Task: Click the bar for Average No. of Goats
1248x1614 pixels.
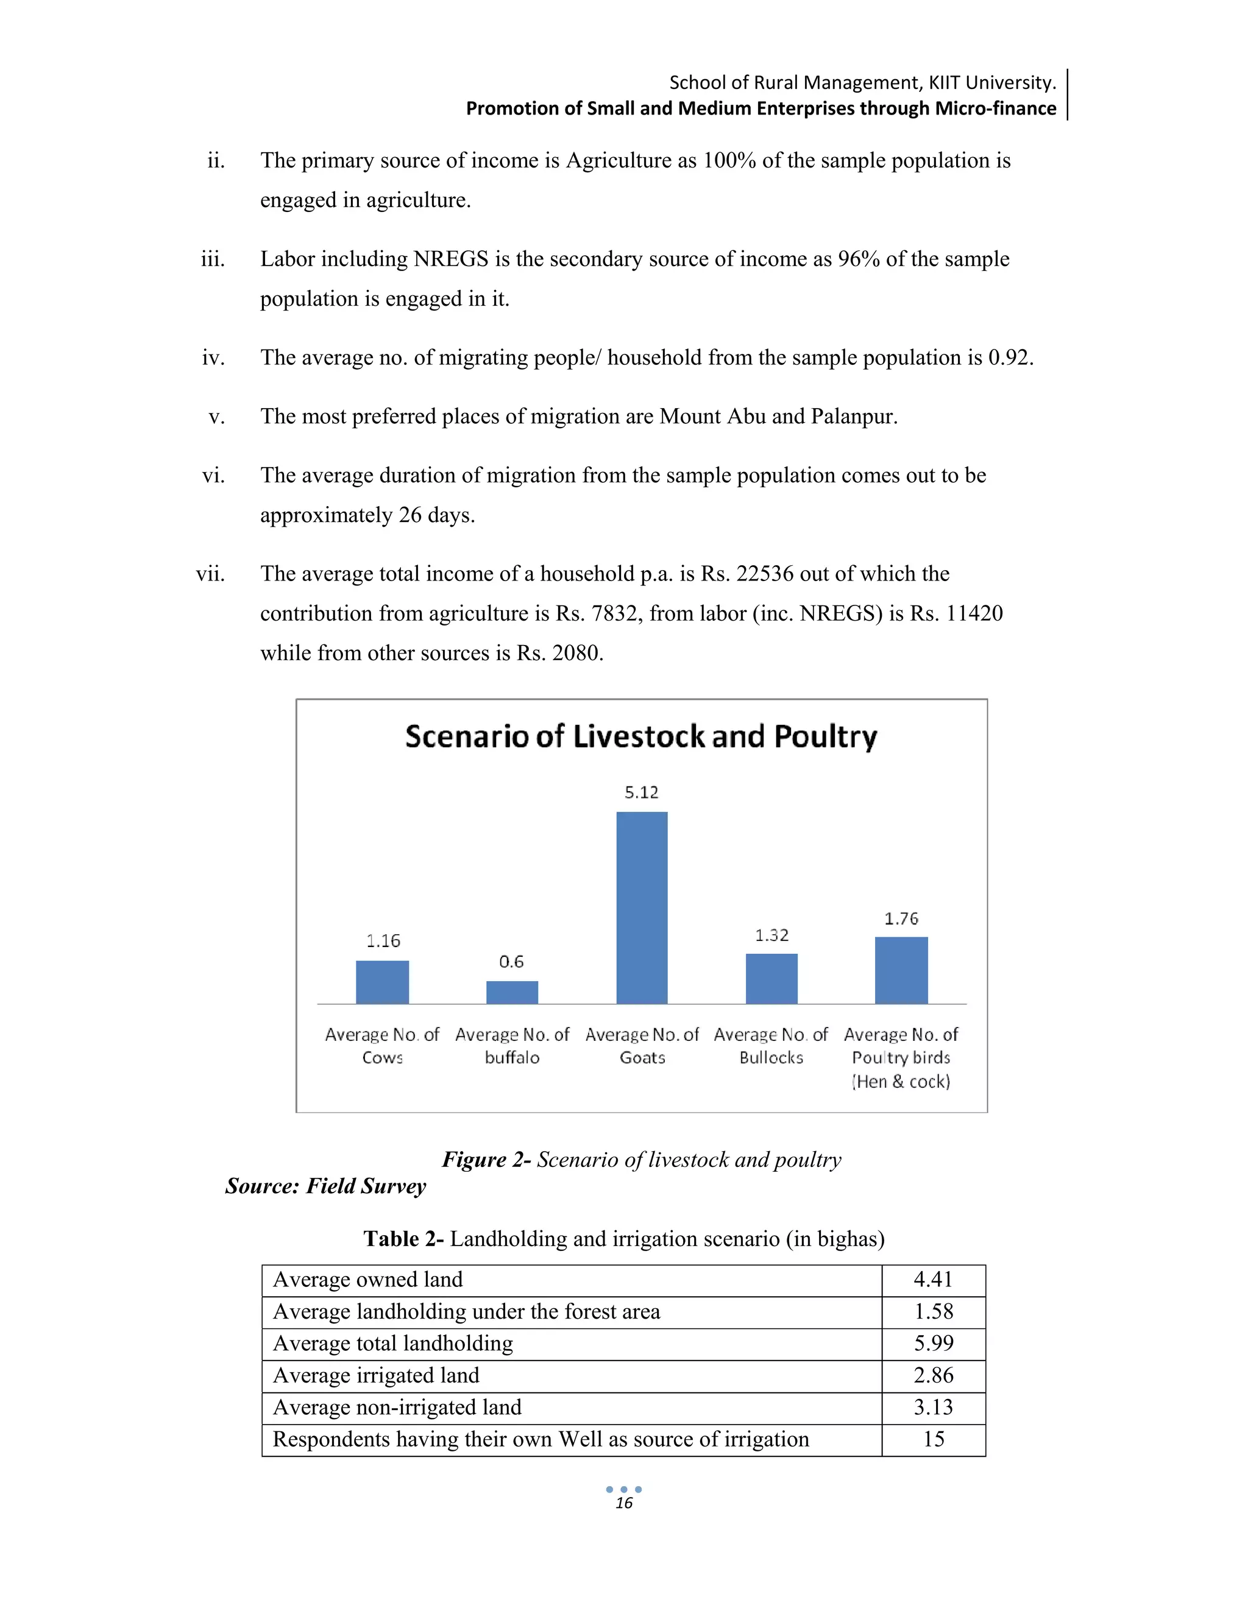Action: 642,907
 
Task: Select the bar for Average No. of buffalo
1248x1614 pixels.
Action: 512,993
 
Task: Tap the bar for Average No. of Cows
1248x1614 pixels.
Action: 382,982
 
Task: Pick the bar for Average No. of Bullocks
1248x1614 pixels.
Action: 771,979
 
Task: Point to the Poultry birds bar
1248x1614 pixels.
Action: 901,970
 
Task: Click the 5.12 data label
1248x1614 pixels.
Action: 641,793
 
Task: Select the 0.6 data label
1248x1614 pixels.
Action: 511,962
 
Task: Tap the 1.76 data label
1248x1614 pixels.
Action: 901,918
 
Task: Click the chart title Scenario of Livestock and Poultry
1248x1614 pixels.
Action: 641,737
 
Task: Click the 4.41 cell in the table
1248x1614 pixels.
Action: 933,1279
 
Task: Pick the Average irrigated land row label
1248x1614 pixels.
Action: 377,1375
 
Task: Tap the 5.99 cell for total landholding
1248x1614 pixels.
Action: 933,1343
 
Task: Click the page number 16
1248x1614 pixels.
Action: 624,1503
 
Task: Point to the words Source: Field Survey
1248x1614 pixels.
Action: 326,1186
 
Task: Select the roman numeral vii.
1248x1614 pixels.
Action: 211,574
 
